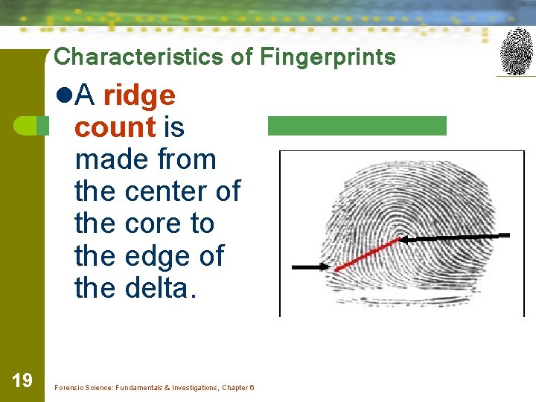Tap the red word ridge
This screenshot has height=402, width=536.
point(139,95)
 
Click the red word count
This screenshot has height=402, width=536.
point(115,127)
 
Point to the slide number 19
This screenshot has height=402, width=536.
point(22,381)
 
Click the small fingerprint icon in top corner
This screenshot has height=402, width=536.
point(516,51)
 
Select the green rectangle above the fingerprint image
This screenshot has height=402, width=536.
point(357,126)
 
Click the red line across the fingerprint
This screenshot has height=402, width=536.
point(368,255)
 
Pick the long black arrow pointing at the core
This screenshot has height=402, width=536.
point(455,237)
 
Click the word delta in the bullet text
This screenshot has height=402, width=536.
point(157,287)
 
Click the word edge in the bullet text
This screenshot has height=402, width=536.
point(152,255)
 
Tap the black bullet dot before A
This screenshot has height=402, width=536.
point(63,95)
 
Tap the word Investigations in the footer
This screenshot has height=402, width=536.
point(192,388)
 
